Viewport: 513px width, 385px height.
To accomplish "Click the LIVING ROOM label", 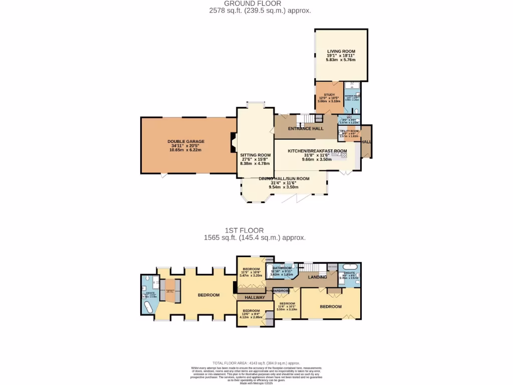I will click(341, 51).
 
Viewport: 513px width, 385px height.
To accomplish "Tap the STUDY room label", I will click(329, 95).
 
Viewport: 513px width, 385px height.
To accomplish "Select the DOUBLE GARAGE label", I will click(186, 141).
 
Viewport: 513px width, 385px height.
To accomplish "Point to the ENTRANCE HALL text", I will click(306, 129).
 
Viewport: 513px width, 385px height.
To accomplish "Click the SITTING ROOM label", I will click(255, 155).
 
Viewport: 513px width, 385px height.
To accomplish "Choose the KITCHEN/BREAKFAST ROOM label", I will click(317, 150).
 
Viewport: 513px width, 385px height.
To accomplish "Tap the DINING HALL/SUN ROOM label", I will click(284, 178).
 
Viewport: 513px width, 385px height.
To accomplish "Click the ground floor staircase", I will click(303, 120).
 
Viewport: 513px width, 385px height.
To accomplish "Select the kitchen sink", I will click(344, 155).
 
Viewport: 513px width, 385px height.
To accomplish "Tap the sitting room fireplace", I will click(233, 142).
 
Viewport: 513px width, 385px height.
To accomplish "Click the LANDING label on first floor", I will click(317, 277).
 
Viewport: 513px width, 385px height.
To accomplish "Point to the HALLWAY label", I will click(254, 298).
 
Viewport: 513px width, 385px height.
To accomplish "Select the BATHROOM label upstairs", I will click(282, 268).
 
